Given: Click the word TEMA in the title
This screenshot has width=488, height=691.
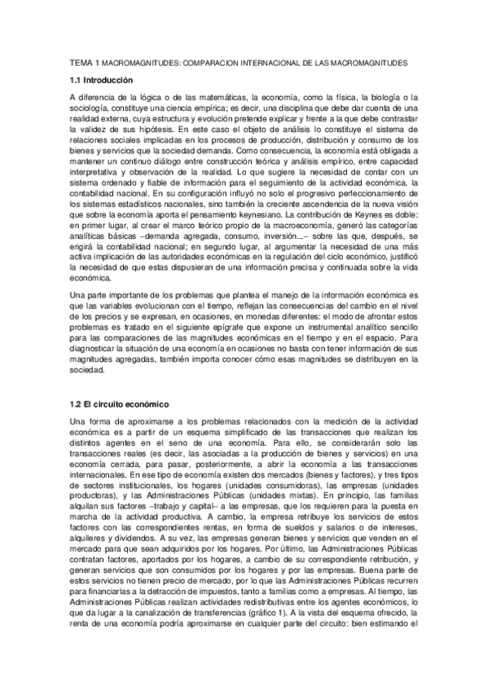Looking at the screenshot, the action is [x=81, y=62].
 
